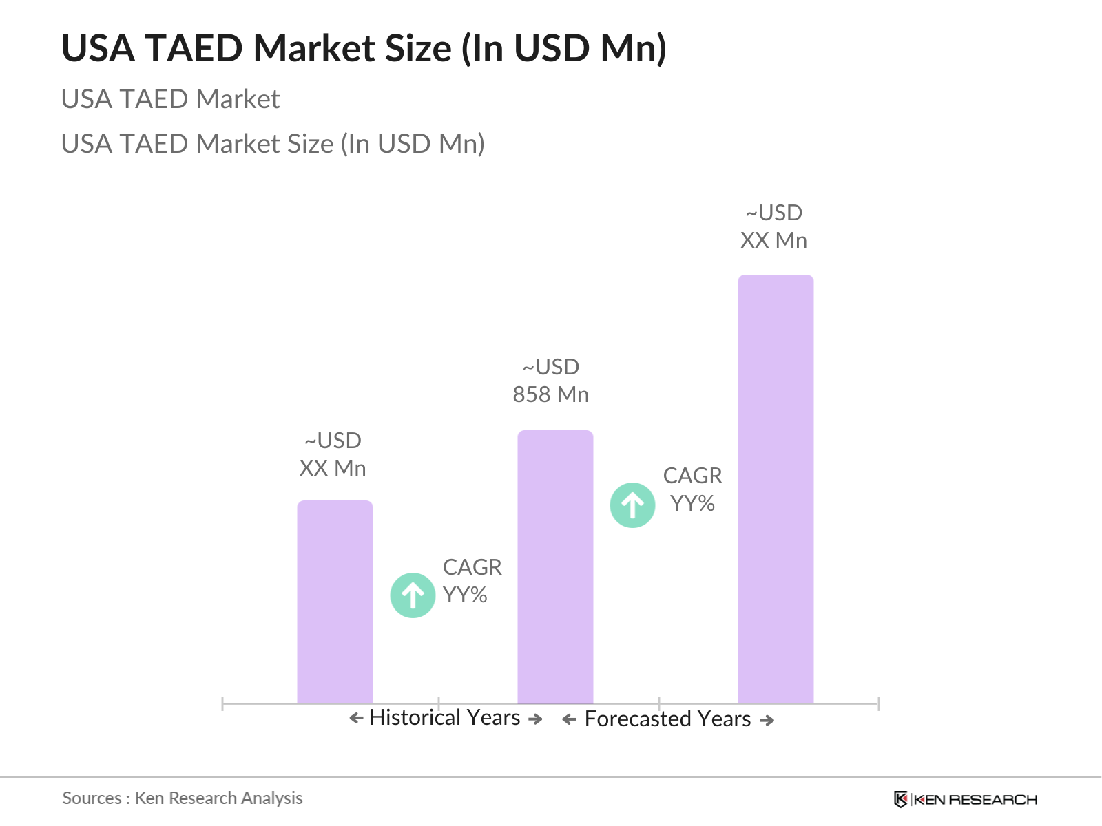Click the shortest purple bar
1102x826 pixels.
coord(335,602)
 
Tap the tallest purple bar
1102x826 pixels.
coord(776,489)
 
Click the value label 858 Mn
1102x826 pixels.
coord(550,394)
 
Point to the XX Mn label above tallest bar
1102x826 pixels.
coord(773,240)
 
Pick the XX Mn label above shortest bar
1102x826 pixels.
coord(333,468)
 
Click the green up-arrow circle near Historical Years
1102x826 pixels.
coord(413,595)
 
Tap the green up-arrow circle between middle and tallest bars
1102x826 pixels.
coord(632,505)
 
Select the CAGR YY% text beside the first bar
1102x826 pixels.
coord(472,581)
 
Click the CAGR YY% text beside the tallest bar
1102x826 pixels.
coord(692,489)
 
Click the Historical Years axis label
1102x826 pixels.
coord(444,717)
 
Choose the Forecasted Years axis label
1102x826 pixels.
coord(667,719)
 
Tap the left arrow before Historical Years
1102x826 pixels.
coord(356,719)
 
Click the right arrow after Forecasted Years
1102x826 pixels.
coord(767,720)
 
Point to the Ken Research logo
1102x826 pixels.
coord(965,799)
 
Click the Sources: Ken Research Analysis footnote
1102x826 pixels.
coord(183,798)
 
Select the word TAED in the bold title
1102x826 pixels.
coord(194,49)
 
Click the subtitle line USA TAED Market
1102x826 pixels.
coord(170,99)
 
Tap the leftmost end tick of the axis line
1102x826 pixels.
coord(222,703)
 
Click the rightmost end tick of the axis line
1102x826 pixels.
coord(878,703)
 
